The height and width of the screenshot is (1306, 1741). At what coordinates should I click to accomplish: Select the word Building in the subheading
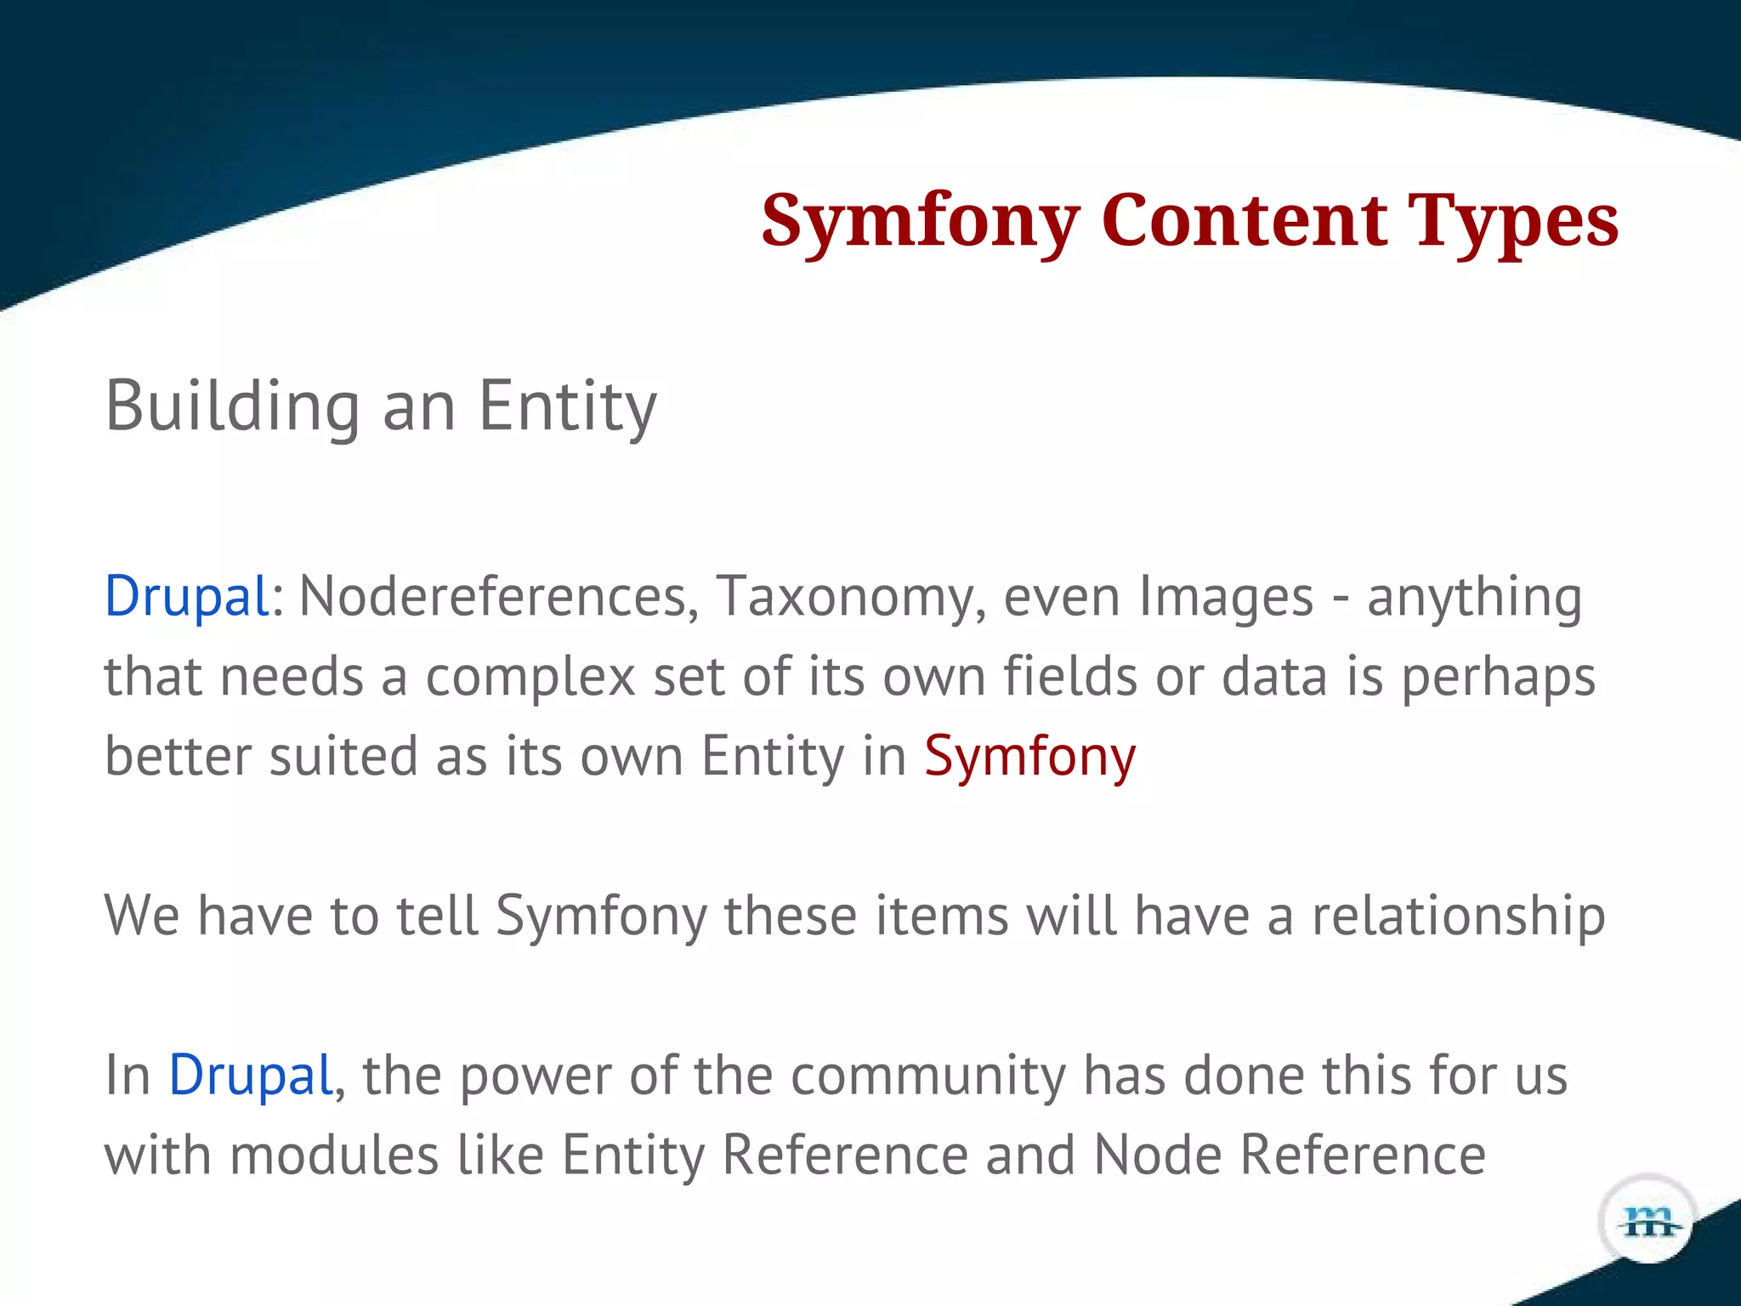(x=232, y=407)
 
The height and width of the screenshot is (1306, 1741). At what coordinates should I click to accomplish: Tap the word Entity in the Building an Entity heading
(x=567, y=407)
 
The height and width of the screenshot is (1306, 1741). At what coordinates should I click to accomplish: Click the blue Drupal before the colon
(x=186, y=596)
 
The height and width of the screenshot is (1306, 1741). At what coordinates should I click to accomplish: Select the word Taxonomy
(x=850, y=596)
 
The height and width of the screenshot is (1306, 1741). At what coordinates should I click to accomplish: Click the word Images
(x=1226, y=596)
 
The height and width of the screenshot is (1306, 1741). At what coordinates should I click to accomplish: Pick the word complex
(x=530, y=678)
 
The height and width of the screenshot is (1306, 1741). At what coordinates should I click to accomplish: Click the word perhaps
(x=1498, y=678)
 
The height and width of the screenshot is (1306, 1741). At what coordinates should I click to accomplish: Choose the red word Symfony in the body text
(x=1029, y=757)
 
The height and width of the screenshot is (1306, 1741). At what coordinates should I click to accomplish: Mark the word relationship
(x=1458, y=917)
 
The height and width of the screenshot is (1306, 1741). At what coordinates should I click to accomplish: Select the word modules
(x=333, y=1156)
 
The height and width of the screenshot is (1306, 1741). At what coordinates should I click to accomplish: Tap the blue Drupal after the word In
(x=250, y=1076)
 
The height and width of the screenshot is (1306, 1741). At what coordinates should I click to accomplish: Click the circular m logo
(x=1648, y=1221)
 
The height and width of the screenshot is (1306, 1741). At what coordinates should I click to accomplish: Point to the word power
(x=535, y=1076)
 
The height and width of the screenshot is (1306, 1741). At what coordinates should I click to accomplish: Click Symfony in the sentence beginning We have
(x=601, y=917)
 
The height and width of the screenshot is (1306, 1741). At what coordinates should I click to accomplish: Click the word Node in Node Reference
(x=1157, y=1156)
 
